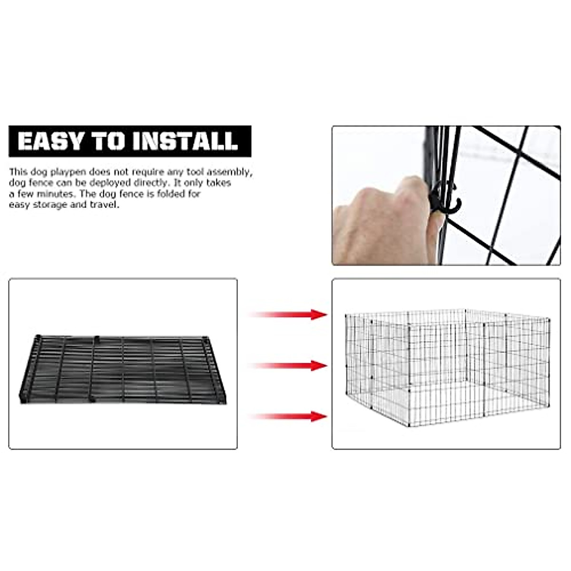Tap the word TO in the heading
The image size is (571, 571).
[109, 141]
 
